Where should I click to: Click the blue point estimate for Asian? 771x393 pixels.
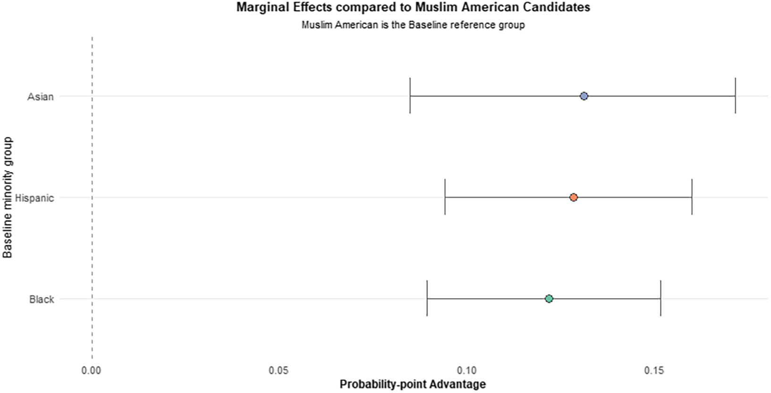(x=584, y=96)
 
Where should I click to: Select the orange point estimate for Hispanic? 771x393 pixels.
(x=574, y=197)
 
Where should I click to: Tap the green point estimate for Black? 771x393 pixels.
(x=549, y=299)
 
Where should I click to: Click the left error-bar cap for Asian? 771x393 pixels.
(x=410, y=96)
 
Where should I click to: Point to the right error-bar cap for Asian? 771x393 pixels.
(x=736, y=96)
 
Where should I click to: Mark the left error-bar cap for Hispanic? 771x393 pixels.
(x=445, y=197)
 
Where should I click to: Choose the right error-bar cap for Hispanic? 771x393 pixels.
(x=692, y=197)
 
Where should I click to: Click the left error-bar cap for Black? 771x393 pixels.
(x=427, y=298)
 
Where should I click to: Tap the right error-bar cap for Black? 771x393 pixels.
(x=661, y=298)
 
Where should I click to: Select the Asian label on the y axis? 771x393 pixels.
(x=41, y=97)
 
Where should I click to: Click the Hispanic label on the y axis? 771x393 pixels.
(x=34, y=198)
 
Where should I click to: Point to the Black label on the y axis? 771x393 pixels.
(x=42, y=299)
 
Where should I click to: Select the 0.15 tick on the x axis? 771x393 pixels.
(x=654, y=370)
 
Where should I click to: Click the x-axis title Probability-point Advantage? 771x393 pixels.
(x=413, y=384)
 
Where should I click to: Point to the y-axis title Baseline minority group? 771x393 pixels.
(x=7, y=197)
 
